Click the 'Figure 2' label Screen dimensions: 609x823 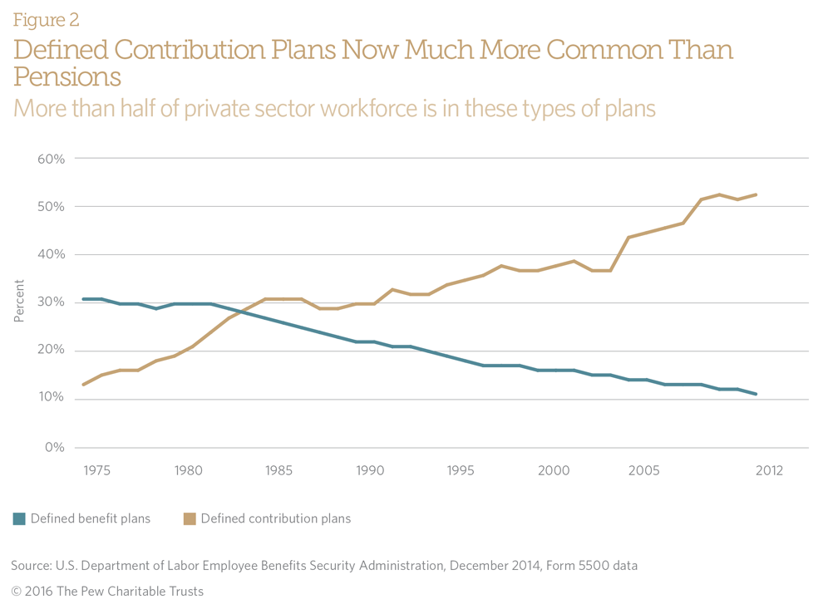(46, 20)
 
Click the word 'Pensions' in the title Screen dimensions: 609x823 (67, 77)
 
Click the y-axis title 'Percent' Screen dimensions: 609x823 (19, 301)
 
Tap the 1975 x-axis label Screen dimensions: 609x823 (97, 470)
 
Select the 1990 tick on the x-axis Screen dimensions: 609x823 (370, 470)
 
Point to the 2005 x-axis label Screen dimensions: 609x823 (643, 470)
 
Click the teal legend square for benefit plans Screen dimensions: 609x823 (19, 519)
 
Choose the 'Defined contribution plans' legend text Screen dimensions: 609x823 (275, 518)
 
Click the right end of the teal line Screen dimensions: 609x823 (755, 394)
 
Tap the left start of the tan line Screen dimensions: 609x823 (84, 385)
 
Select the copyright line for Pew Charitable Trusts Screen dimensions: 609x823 (107, 592)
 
